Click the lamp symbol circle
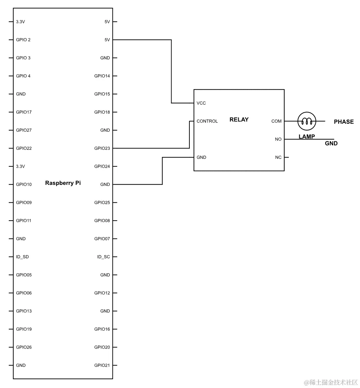[x=307, y=121]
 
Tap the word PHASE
[x=343, y=122]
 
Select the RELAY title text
[x=239, y=119]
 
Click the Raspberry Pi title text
[x=63, y=183]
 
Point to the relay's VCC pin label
[x=201, y=103]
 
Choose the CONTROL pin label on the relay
[x=207, y=121]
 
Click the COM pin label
[x=276, y=121]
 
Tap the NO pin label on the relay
[x=278, y=139]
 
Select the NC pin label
[x=278, y=158]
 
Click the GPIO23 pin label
[x=102, y=148]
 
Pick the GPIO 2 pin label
[x=23, y=40]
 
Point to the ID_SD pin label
[x=22, y=257]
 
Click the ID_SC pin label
[x=103, y=257]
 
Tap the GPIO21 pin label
[x=102, y=365]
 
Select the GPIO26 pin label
[x=24, y=347]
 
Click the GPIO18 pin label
[x=102, y=112]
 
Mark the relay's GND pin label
[x=201, y=158]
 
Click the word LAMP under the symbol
[x=306, y=137]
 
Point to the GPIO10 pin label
[x=24, y=185]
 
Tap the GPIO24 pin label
[x=102, y=166]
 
